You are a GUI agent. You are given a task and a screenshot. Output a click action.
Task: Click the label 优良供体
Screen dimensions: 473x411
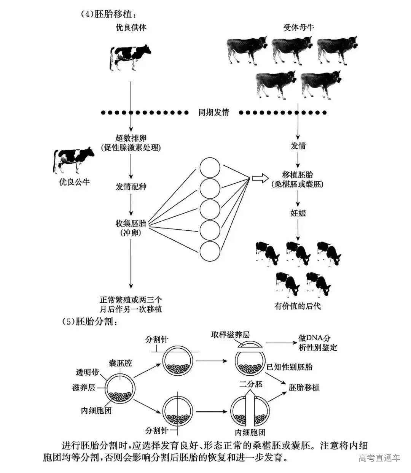coord(131,27)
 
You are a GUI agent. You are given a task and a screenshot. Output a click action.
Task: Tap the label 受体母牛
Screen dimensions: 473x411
coord(299,27)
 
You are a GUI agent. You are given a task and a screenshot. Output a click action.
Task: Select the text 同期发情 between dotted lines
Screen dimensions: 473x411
coord(214,113)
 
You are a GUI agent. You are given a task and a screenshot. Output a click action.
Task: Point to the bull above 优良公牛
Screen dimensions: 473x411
coord(74,160)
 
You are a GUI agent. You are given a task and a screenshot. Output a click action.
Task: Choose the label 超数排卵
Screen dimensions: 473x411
coord(131,138)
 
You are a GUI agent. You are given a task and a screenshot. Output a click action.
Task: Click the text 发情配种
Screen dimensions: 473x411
coord(131,187)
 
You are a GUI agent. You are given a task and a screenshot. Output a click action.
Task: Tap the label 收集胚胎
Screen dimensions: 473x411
coord(131,223)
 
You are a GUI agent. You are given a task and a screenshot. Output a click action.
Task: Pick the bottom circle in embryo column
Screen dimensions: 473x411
coord(210,251)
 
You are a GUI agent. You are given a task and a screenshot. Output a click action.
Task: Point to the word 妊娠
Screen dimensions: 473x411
coord(298,213)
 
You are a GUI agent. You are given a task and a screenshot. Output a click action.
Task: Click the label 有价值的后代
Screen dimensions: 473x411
coord(298,306)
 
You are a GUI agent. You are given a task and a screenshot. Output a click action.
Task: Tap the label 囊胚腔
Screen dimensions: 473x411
coord(121,363)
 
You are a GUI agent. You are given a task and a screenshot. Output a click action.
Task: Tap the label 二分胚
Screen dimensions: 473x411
coord(251,384)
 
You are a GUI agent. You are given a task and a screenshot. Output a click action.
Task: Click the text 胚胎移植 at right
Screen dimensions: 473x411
coord(304,387)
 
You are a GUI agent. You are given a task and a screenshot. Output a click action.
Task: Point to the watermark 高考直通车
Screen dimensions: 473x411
coord(379,458)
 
